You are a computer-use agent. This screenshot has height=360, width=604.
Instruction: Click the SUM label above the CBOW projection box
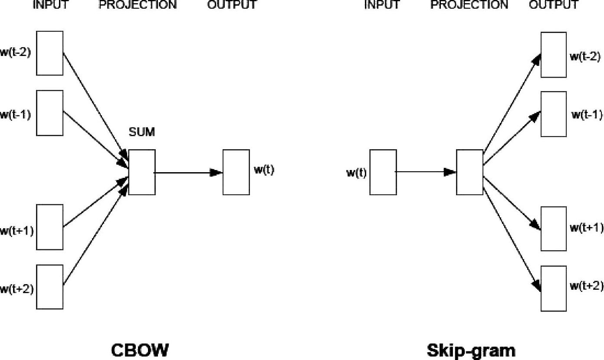pyautogui.click(x=141, y=132)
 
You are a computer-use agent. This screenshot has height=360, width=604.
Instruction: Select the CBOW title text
pyautogui.click(x=140, y=350)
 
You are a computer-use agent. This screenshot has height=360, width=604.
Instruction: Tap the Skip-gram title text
pyautogui.click(x=471, y=350)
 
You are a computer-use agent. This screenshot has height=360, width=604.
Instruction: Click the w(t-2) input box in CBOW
pyautogui.click(x=49, y=53)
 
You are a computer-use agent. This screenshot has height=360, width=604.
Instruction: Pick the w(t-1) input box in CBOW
pyautogui.click(x=49, y=113)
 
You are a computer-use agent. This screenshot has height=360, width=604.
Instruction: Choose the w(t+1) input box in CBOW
pyautogui.click(x=49, y=227)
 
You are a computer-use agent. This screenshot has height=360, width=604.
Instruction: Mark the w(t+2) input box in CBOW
pyautogui.click(x=49, y=287)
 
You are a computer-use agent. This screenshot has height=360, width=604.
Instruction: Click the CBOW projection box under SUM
pyautogui.click(x=142, y=172)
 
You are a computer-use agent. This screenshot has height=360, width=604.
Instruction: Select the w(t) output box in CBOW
pyautogui.click(x=236, y=172)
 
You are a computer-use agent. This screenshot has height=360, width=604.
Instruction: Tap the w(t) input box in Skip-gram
pyautogui.click(x=383, y=172)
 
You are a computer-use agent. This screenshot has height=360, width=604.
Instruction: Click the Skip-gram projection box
pyautogui.click(x=469, y=172)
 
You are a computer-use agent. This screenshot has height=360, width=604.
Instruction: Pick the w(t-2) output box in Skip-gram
pyautogui.click(x=553, y=55)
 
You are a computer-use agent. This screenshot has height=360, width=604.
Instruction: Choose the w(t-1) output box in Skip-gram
pyautogui.click(x=553, y=114)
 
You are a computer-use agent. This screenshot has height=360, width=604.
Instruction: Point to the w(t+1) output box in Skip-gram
pyautogui.click(x=553, y=229)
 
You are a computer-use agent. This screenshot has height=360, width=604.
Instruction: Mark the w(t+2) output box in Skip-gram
pyautogui.click(x=553, y=288)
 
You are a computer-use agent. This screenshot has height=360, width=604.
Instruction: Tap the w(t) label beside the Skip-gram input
pyautogui.click(x=356, y=173)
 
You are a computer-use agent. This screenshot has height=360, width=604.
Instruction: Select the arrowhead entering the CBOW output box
pyautogui.click(x=217, y=173)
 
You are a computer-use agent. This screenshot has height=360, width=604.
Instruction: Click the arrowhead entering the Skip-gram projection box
pyautogui.click(x=450, y=172)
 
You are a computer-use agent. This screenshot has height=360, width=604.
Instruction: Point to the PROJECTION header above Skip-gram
pyautogui.click(x=469, y=5)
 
